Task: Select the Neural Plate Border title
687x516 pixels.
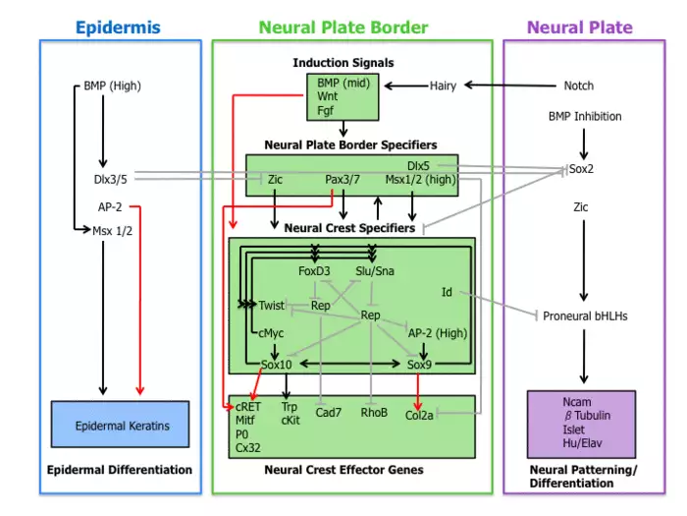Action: (343, 27)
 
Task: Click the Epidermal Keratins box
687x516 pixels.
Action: (122, 425)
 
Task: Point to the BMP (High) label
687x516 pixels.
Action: (112, 86)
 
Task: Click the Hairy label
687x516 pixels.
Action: (443, 86)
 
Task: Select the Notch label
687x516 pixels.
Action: (578, 86)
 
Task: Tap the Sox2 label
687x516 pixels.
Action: (581, 169)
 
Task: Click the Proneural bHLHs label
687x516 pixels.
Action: (585, 315)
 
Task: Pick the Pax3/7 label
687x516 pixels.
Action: (343, 179)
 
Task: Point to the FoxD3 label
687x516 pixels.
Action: (314, 270)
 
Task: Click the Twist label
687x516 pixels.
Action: (272, 306)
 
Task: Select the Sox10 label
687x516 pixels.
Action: (277, 365)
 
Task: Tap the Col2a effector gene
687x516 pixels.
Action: (420, 415)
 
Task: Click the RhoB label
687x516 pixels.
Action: (374, 413)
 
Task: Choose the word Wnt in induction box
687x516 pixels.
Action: (327, 97)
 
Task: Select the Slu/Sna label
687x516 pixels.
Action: (374, 270)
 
